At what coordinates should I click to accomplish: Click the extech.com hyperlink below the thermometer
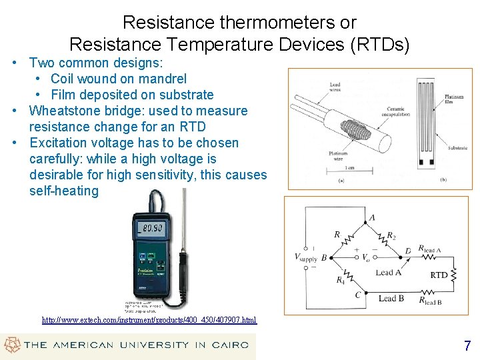pyautogui.click(x=149, y=320)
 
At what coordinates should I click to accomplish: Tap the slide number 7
pyautogui.click(x=467, y=345)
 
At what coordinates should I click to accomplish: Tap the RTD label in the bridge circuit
pyautogui.click(x=439, y=275)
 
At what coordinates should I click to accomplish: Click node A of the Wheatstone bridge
pyautogui.click(x=371, y=217)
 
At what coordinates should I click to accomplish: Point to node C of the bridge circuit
pyautogui.click(x=358, y=295)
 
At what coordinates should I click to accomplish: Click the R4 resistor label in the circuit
pyautogui.click(x=341, y=280)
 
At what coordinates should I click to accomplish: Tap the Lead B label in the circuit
pyautogui.click(x=391, y=298)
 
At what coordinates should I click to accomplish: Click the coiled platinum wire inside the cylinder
pyautogui.click(x=354, y=126)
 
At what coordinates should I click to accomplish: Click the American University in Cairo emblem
pyautogui.click(x=11, y=345)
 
